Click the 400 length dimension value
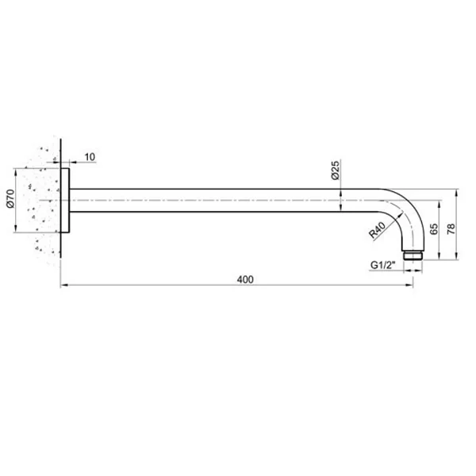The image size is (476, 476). [245, 279]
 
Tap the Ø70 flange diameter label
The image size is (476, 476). [10, 198]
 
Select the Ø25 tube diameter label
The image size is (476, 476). [335, 171]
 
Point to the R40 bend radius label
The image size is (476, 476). [377, 230]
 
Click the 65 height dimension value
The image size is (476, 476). [434, 228]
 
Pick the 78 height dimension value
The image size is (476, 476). [451, 228]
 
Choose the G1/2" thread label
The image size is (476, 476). [383, 265]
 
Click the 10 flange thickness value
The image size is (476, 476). [90, 157]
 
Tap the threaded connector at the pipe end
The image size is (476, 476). [413, 255]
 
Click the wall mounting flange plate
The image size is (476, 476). [65, 201]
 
